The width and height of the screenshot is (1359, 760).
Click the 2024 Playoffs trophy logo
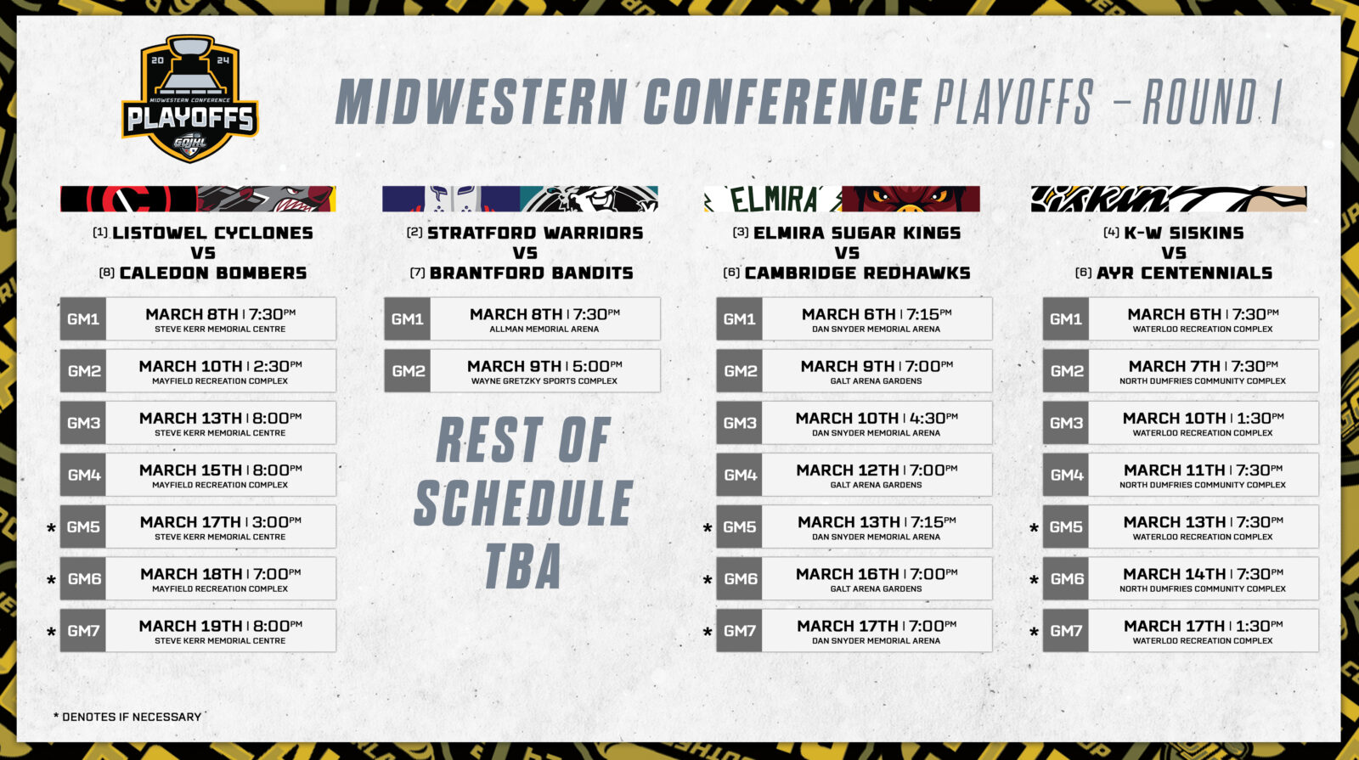(x=190, y=98)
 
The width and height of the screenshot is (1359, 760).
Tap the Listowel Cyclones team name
(x=212, y=233)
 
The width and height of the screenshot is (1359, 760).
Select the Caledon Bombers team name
(x=213, y=273)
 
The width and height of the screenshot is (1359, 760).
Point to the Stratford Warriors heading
(x=535, y=233)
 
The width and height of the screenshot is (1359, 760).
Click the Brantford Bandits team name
(x=532, y=273)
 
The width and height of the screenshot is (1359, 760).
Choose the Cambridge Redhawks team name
(x=857, y=273)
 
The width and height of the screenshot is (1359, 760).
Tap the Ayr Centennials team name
(x=1184, y=273)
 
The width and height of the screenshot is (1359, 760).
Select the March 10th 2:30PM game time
(x=220, y=366)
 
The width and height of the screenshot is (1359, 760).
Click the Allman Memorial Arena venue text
(x=544, y=329)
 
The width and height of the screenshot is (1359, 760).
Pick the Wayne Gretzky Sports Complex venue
(x=544, y=381)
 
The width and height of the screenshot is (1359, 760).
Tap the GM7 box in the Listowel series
(x=83, y=631)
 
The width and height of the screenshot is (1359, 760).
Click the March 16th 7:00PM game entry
(x=877, y=574)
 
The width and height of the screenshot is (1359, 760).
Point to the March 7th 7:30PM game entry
(x=1203, y=366)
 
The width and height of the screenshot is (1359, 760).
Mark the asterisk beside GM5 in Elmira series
(x=708, y=528)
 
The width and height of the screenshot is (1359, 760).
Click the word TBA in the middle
(x=523, y=566)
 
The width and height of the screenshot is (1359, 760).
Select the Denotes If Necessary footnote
(x=127, y=717)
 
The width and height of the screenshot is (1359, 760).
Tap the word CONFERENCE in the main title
(x=782, y=102)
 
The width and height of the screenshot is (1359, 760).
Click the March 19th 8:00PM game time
(x=220, y=626)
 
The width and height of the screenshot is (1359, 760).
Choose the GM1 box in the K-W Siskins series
(x=1066, y=319)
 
